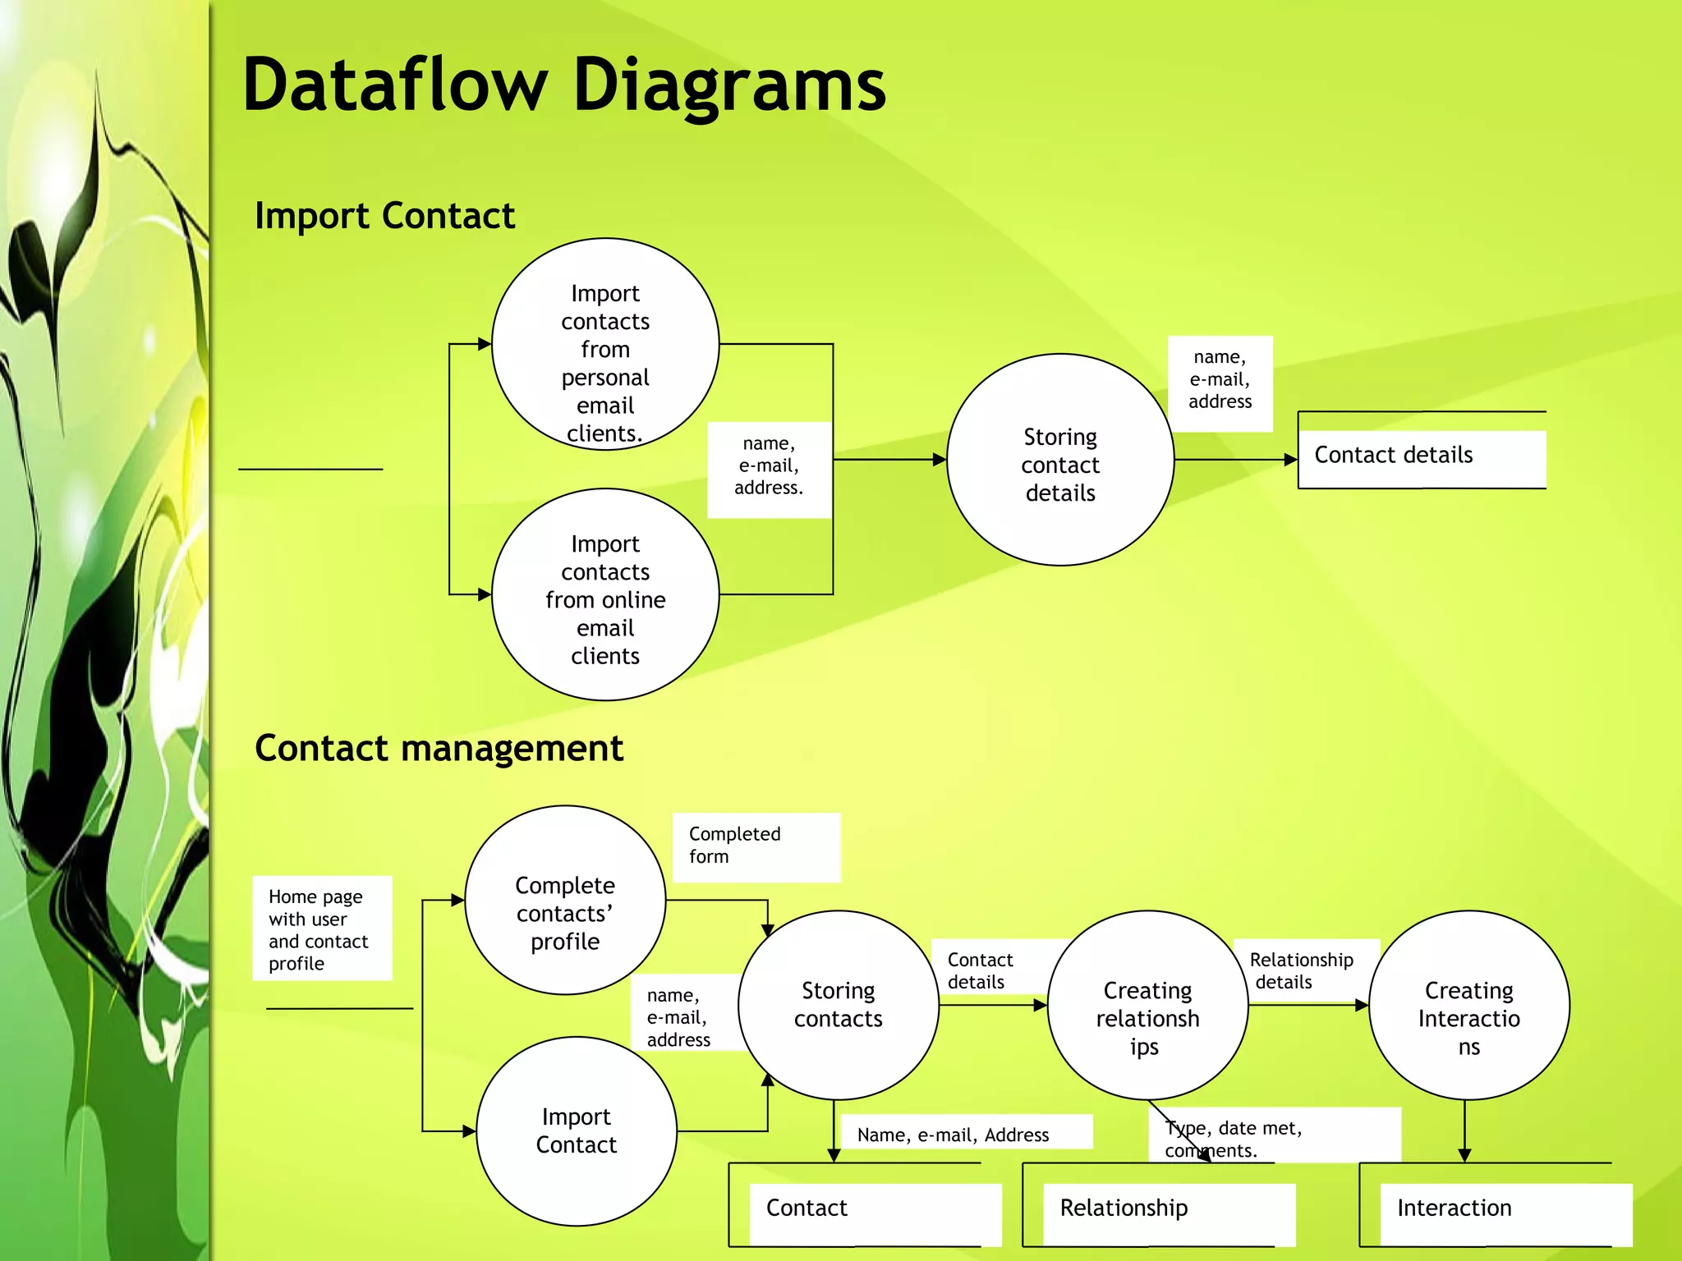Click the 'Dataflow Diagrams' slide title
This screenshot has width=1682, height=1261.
coord(564,85)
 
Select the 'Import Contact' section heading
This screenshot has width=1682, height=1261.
coord(384,216)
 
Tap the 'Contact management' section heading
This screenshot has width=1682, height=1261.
coord(439,748)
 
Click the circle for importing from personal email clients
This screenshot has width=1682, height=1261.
coord(605,345)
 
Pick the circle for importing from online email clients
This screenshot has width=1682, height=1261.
coord(605,595)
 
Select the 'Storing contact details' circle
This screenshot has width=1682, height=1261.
coord(1059,461)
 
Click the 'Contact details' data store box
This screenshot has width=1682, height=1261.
coord(1422,455)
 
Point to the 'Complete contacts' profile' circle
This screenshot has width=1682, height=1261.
coord(565,901)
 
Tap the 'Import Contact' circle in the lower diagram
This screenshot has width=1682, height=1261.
coord(577,1131)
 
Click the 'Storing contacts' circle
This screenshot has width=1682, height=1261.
coord(838,1005)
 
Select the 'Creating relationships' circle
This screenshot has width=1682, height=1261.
coord(1147,1005)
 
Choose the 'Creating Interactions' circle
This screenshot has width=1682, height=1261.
coord(1468,1005)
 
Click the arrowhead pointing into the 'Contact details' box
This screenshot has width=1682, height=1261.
coord(1290,461)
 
